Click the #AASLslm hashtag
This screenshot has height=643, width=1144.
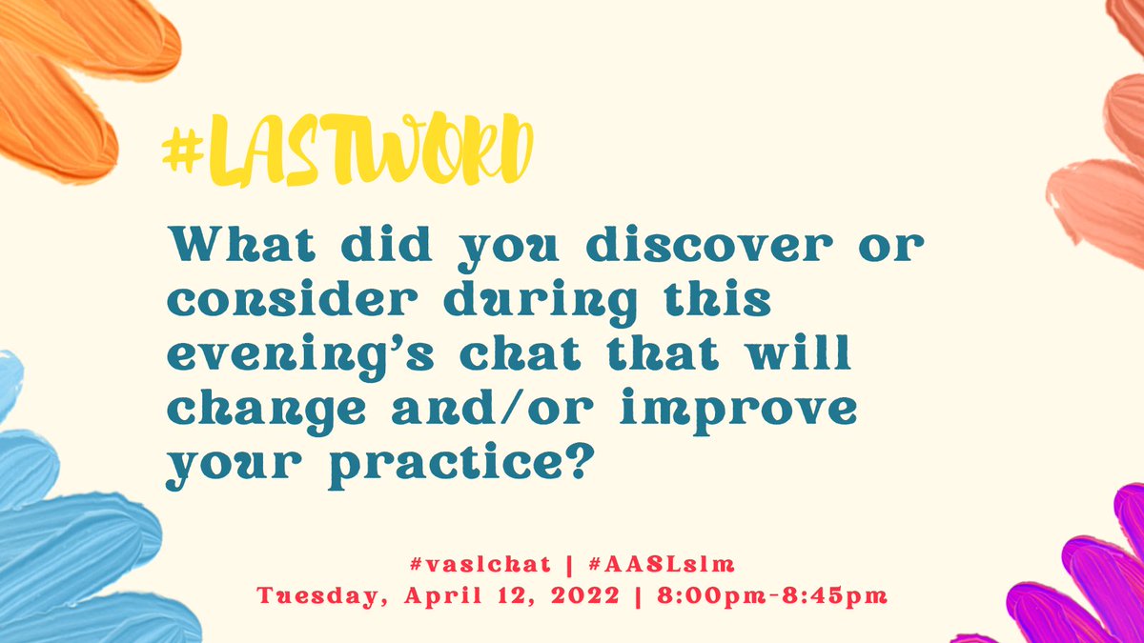pyautogui.click(x=659, y=564)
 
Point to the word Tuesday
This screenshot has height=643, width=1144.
pyautogui.click(x=316, y=597)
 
